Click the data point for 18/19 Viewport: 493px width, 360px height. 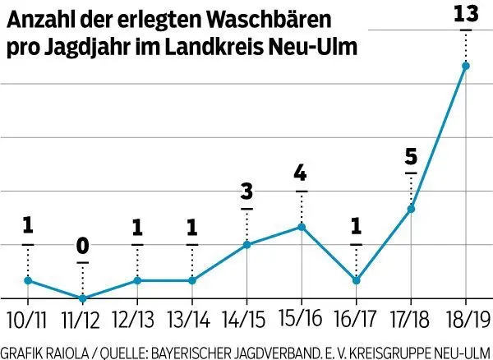[466, 66]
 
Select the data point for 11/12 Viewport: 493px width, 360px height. [82, 298]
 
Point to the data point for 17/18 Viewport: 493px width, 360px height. [411, 209]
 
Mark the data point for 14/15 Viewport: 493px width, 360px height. [246, 244]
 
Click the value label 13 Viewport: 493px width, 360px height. [466, 14]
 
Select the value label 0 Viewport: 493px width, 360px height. [82, 247]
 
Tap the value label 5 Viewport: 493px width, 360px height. [411, 157]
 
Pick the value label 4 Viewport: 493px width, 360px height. [302, 174]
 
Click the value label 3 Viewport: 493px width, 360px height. [246, 192]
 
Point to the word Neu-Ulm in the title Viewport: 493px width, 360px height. [316, 47]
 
